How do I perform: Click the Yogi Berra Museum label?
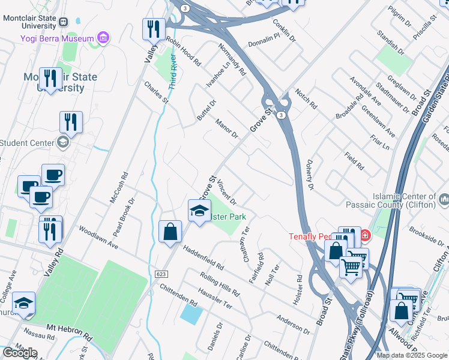[57, 38]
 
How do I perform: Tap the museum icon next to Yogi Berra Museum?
[103, 38]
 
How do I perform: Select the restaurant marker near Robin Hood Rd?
[154, 29]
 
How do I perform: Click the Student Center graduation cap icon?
[63, 142]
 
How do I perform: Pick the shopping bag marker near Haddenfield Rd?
[170, 232]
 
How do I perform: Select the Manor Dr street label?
[227, 128]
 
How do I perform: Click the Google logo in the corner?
[20, 352]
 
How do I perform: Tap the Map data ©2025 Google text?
[412, 355]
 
